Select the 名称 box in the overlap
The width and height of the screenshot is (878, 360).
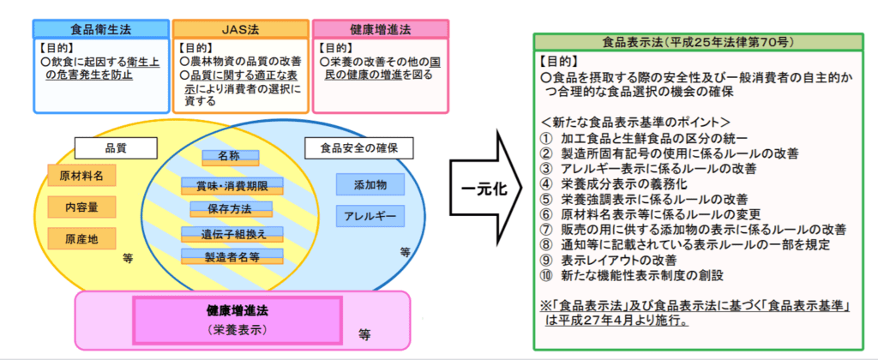[226, 158]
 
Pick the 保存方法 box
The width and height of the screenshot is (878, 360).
[226, 207]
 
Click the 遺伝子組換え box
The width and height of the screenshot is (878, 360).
[226, 232]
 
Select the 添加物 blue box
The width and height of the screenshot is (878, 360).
[370, 184]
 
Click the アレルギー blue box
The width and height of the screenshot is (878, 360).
[370, 216]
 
